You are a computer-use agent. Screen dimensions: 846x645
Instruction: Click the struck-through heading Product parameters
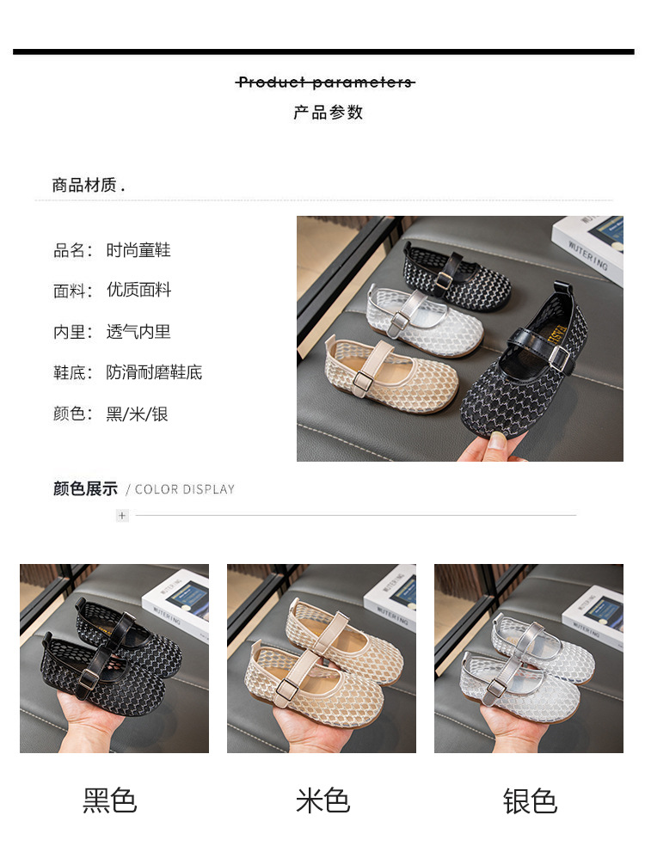point(325,83)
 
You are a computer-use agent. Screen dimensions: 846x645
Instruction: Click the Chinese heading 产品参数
point(328,113)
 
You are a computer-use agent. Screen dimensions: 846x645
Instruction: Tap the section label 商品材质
point(88,185)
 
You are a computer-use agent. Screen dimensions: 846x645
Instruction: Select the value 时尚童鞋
point(138,250)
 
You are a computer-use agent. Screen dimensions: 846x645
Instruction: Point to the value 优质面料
point(138,291)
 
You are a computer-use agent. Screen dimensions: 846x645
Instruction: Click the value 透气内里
point(138,332)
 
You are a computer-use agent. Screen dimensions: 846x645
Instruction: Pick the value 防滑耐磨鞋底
point(154,373)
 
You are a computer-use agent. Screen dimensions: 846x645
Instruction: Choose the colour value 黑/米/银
point(137,414)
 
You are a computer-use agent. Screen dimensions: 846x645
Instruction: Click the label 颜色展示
point(85,489)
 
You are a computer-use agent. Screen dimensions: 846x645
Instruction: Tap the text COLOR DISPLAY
point(184,490)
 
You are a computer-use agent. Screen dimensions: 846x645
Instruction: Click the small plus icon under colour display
point(122,516)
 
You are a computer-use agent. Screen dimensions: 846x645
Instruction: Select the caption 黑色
point(109,800)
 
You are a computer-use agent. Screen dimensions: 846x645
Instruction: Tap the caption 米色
point(322,800)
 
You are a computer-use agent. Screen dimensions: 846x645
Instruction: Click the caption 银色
point(530,800)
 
